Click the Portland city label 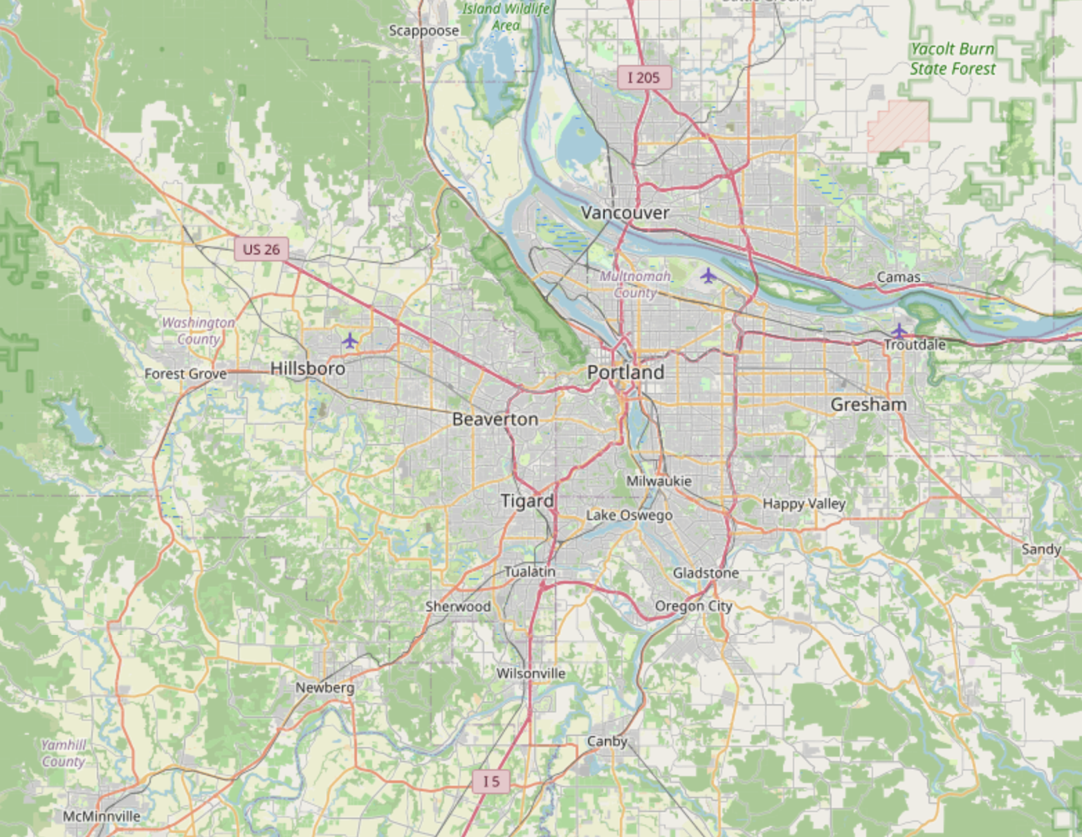[x=625, y=372]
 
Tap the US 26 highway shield [x=262, y=249]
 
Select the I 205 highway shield [x=643, y=77]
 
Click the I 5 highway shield [x=491, y=782]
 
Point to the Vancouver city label [x=625, y=212]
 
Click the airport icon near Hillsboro [x=350, y=340]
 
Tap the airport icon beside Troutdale [x=898, y=330]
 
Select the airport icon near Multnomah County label [x=707, y=276]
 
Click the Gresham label [x=868, y=405]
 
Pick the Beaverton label [x=495, y=419]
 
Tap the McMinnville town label [x=102, y=816]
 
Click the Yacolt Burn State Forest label [x=953, y=59]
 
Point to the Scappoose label [x=423, y=30]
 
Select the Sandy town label [x=1040, y=549]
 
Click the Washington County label [x=198, y=331]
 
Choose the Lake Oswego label [x=629, y=515]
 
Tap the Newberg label [x=324, y=688]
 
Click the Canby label [x=607, y=741]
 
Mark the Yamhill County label [x=63, y=753]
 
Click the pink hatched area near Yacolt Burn [x=898, y=125]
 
